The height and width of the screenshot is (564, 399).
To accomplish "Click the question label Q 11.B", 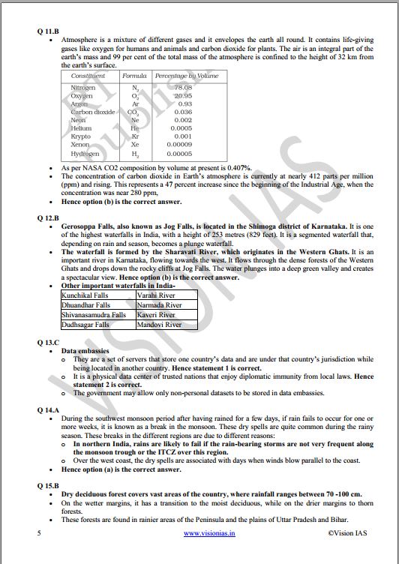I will [x=48, y=31].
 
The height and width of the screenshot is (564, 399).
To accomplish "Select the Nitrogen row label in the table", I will [x=82, y=88].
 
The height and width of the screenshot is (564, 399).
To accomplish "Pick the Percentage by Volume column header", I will [x=187, y=76].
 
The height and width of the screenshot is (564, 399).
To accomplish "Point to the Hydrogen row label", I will [x=85, y=153].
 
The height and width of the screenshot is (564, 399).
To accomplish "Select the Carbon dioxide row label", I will [x=93, y=112].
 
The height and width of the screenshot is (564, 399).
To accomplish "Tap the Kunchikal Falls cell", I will [x=85, y=296].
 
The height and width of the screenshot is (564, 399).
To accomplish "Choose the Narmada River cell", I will [x=160, y=306].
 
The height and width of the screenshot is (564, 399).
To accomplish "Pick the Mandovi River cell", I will [x=160, y=325].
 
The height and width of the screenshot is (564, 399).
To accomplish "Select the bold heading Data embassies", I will [x=85, y=350].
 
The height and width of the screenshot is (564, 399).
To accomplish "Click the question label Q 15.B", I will [x=48, y=484].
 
